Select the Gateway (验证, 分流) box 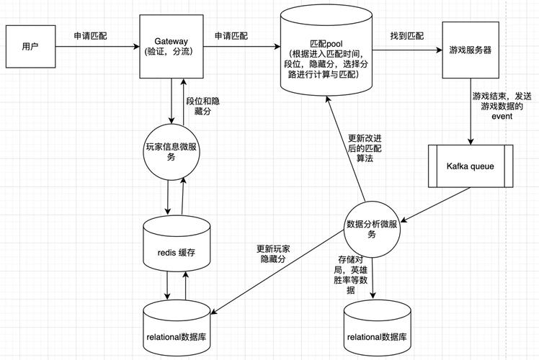point(171,48)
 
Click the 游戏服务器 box point(471,50)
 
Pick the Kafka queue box point(471,167)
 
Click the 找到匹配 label point(407,35)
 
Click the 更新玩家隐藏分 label point(274,253)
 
